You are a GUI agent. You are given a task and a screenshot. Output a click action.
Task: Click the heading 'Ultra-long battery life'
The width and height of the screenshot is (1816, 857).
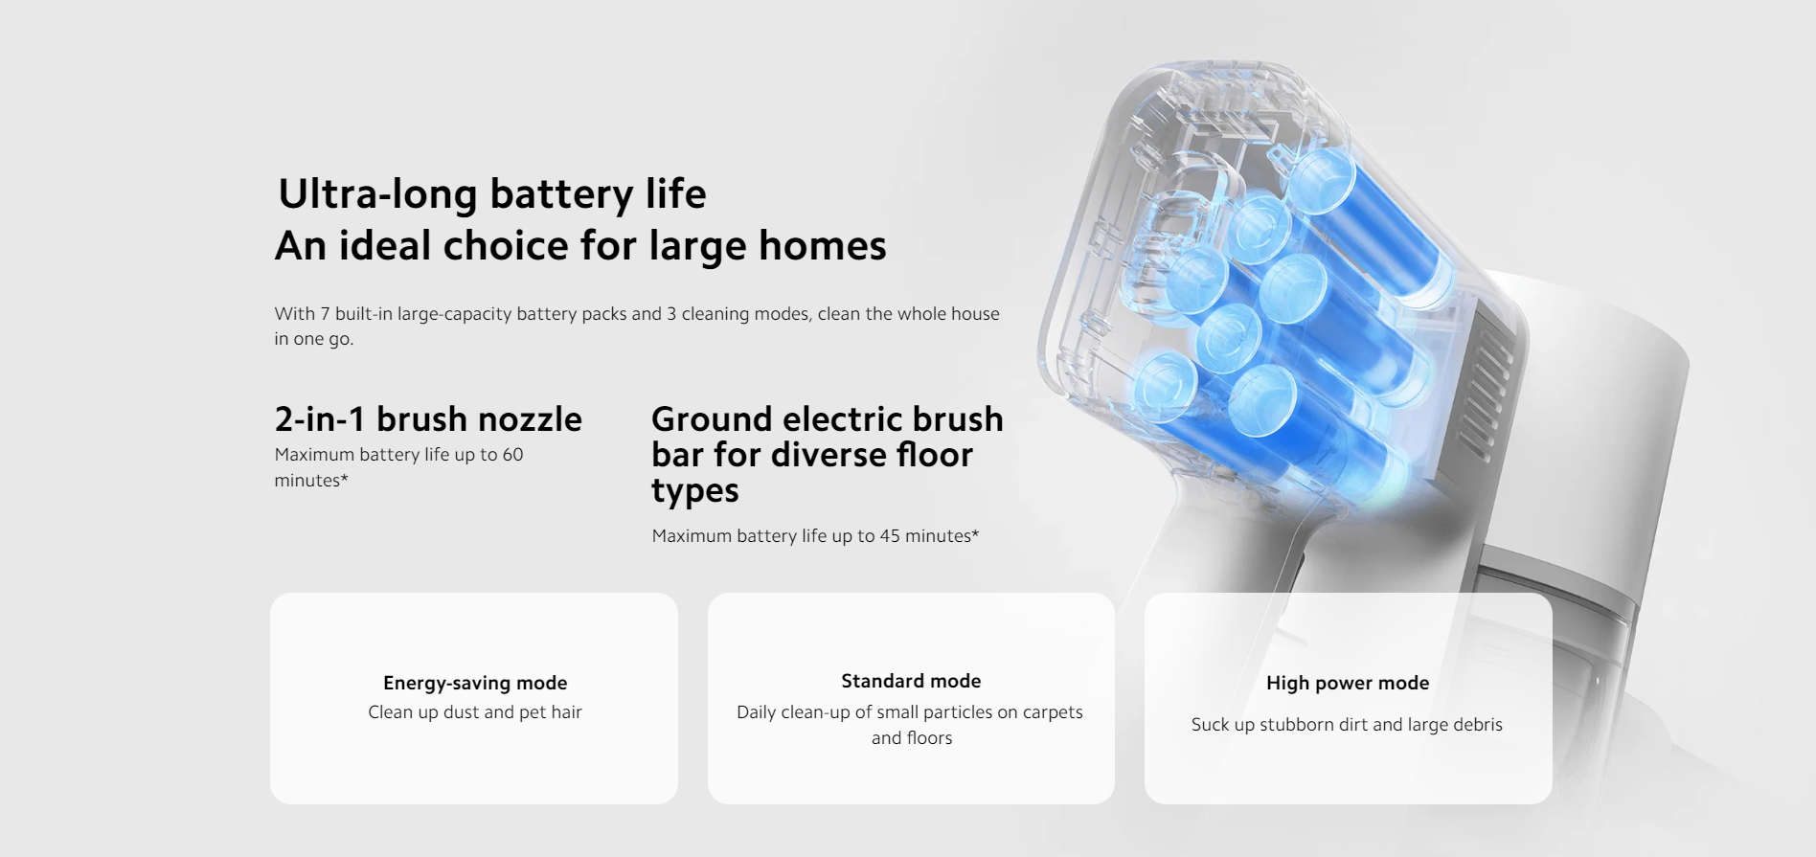[x=492, y=194]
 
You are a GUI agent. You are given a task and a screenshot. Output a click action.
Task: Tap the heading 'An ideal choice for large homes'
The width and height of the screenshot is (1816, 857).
[x=580, y=246]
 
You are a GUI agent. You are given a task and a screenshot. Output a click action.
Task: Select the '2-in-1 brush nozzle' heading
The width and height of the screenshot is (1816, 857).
[x=428, y=419]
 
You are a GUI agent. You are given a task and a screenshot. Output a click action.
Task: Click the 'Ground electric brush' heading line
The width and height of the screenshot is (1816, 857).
[x=828, y=419]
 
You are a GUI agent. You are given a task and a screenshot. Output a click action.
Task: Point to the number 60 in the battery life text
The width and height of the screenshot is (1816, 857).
[x=512, y=455]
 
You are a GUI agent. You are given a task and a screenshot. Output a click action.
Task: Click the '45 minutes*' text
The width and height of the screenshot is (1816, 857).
[x=929, y=536]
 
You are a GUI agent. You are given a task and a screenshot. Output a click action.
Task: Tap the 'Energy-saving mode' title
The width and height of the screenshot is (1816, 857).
[x=475, y=683]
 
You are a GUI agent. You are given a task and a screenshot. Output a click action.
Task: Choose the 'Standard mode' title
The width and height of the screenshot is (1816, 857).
[x=911, y=681]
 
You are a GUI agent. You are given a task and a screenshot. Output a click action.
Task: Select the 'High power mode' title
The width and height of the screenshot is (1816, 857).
[x=1348, y=683]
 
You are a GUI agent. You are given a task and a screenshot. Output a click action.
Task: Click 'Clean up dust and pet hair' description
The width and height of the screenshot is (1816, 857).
[x=475, y=712]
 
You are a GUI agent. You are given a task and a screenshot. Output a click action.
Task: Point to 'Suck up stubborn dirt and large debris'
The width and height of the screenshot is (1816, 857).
[x=1347, y=725]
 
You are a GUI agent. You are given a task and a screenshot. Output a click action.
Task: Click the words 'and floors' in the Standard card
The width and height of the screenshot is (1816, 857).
[x=912, y=738]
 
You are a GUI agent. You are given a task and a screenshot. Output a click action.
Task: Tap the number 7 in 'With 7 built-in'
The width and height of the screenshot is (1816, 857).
[x=325, y=314]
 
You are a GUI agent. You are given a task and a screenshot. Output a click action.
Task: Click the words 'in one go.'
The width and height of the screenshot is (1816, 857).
[x=313, y=339]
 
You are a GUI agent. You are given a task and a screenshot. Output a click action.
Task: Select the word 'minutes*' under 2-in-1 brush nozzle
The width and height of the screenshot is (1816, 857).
[x=311, y=481]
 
